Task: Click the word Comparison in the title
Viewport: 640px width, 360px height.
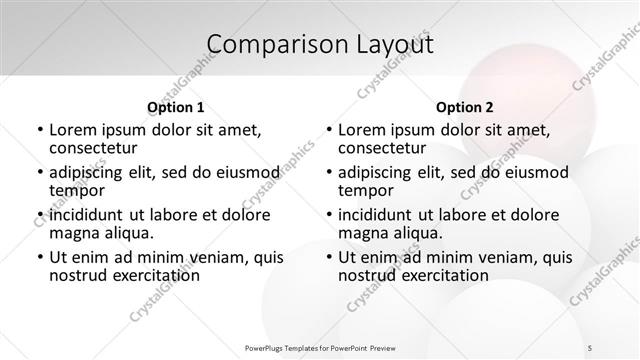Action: (267, 45)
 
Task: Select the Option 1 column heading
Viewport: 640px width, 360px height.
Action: (176, 107)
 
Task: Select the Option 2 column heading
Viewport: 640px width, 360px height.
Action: (465, 107)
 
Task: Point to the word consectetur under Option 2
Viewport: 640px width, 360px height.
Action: (382, 149)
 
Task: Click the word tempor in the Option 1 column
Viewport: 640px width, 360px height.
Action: (75, 192)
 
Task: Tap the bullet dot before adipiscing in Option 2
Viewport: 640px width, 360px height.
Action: (328, 172)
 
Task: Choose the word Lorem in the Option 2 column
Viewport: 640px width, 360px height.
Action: (360, 130)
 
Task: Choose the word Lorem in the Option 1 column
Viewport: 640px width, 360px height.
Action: (71, 130)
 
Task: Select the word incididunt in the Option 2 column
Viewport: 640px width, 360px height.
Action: (379, 214)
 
